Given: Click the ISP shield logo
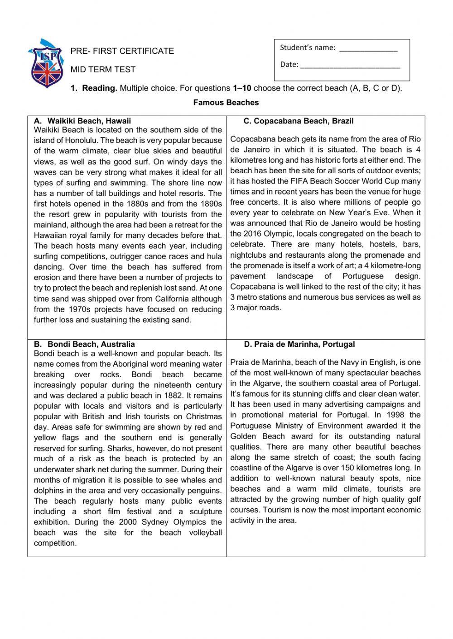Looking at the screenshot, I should pyautogui.click(x=46, y=63).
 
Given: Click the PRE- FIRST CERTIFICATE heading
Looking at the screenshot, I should pyautogui.click(x=122, y=51).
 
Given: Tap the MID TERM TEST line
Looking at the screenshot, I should pyautogui.click(x=103, y=70).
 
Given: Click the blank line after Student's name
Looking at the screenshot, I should pyautogui.click(x=368, y=48).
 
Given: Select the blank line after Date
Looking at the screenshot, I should pyautogui.click(x=350, y=65).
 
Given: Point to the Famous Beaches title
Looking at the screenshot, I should pyautogui.click(x=226, y=103).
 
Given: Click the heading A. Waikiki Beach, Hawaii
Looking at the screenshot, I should pyautogui.click(x=82, y=121).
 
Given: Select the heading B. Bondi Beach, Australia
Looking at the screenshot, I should pyautogui.click(x=84, y=344).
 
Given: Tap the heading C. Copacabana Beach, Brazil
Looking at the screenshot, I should pyautogui.click(x=298, y=121).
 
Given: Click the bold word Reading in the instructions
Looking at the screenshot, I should pyautogui.click(x=100, y=88).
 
